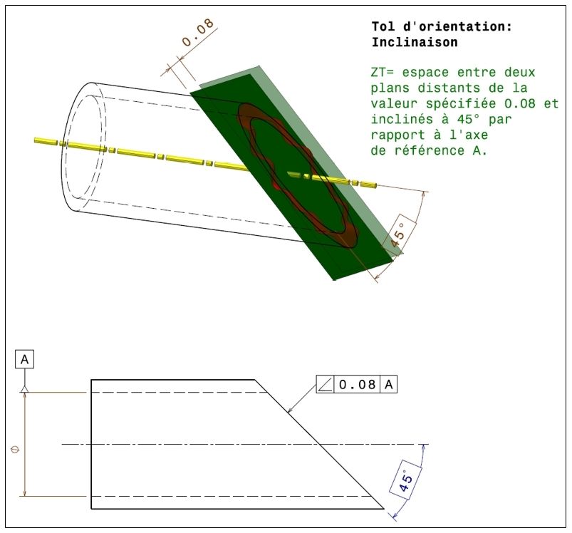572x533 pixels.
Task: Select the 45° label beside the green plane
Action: (399, 232)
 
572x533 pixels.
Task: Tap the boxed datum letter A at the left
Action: (25, 360)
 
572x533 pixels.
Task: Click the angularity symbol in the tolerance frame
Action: (325, 385)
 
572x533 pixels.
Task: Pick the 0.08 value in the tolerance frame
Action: (357, 385)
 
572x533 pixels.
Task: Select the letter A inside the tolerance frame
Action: (389, 385)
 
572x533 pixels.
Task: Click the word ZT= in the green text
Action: (384, 73)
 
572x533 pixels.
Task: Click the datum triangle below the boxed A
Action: (25, 388)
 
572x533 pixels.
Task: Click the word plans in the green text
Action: (388, 88)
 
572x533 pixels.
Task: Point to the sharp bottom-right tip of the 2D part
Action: (383, 509)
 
